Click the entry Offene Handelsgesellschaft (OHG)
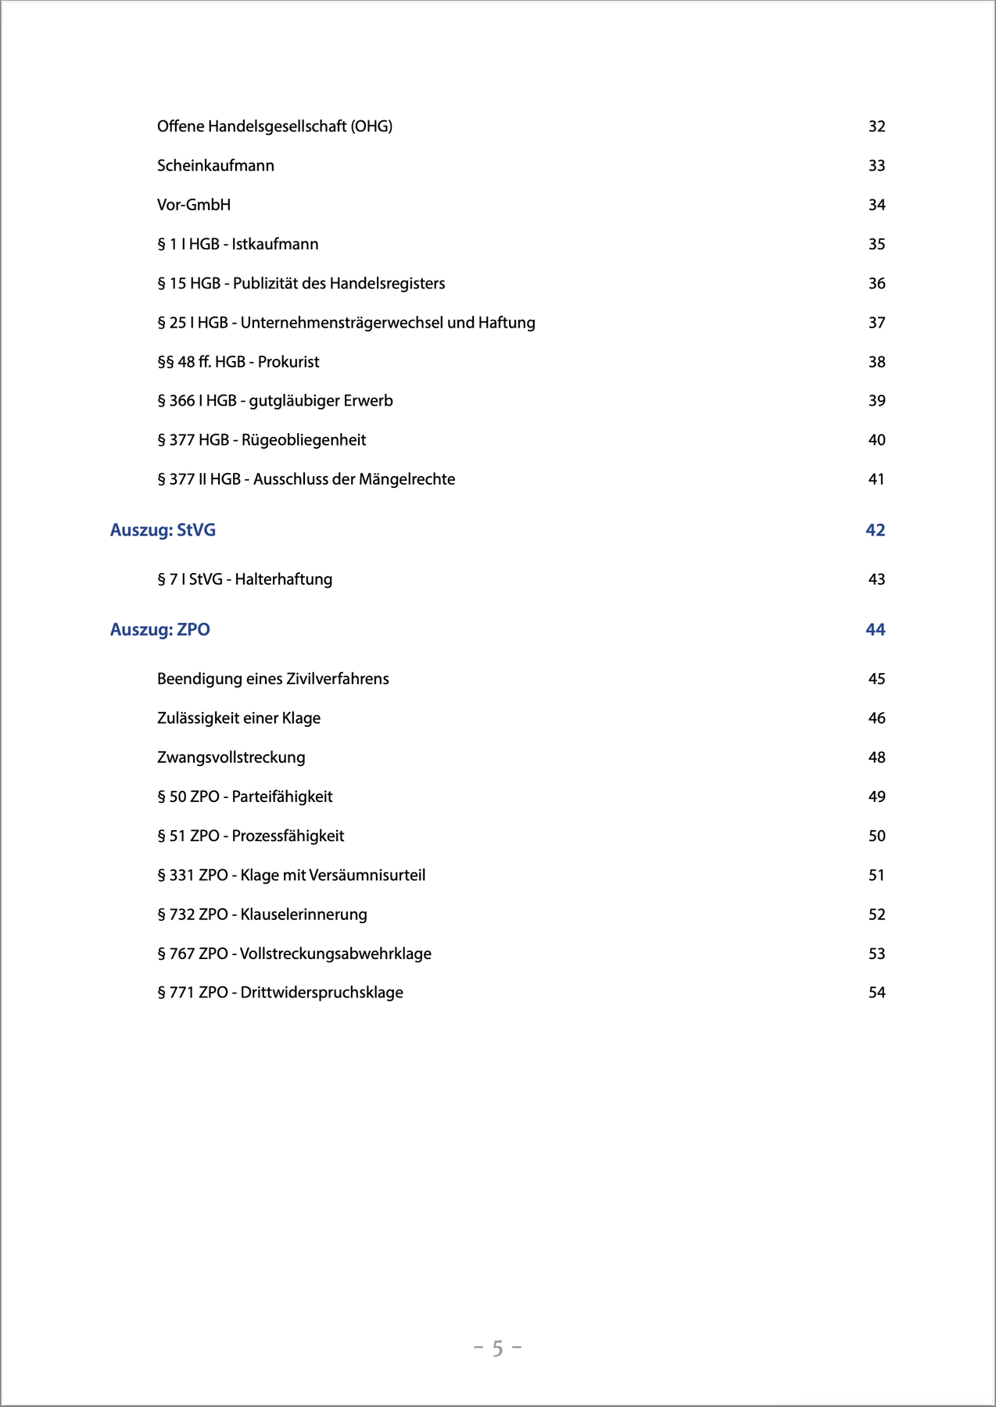coord(274,127)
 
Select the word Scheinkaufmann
coord(216,166)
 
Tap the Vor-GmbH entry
coord(194,205)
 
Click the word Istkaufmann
coord(275,245)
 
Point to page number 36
coord(876,284)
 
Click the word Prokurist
coord(288,362)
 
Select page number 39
coord(876,401)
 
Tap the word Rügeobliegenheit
coord(303,440)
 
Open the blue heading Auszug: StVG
coord(163,530)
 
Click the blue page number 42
coord(875,530)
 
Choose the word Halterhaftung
coord(284,579)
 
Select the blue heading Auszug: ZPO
coord(160,629)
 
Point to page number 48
coord(876,757)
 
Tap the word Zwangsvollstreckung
coord(231,757)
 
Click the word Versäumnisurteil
coord(367,875)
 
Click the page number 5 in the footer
coord(498,1348)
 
